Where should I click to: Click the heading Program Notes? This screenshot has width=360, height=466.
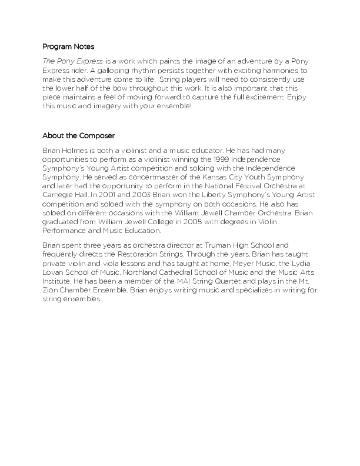[68, 46]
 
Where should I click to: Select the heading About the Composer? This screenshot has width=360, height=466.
[78, 136]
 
